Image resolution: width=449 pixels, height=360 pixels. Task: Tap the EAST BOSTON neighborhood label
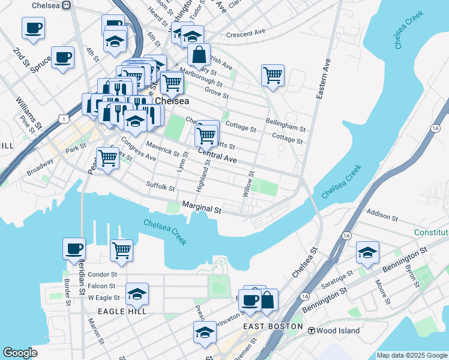coord(273,326)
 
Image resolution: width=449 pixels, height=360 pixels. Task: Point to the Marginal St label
coord(202,208)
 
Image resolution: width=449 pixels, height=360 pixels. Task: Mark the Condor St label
coord(97,275)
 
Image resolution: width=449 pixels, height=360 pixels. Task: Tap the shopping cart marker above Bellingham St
coord(273,76)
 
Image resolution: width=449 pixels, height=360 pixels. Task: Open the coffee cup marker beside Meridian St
coord(74,248)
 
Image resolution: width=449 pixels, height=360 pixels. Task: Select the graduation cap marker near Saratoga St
coord(367,253)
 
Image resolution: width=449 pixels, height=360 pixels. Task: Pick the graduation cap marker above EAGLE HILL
coord(137,294)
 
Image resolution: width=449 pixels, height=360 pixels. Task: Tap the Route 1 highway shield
coord(64,120)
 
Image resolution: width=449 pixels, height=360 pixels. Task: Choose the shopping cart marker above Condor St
coord(121,251)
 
